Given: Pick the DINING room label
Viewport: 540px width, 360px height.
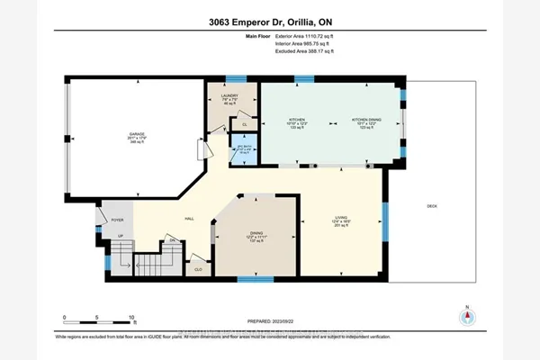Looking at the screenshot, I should coord(256,236).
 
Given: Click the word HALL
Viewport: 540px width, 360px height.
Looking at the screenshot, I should coord(190,219).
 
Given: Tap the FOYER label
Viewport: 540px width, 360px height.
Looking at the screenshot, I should coord(116,219).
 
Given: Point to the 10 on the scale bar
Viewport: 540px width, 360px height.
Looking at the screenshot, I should coord(131,319).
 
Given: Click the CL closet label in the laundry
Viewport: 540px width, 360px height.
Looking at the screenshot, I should coord(244,125).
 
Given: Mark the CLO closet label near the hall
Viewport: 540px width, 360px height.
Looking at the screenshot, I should coord(197,268).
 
